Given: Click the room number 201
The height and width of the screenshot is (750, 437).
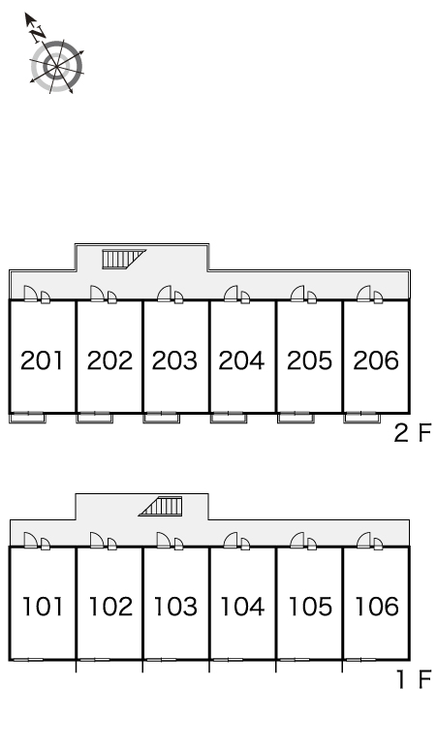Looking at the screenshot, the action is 42,360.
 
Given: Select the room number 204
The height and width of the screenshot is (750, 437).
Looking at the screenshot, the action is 241,360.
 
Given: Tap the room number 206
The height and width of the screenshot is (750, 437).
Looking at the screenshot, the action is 376,360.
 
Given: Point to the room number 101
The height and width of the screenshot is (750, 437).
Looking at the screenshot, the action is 43,607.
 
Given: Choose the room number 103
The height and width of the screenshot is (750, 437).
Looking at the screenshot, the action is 175,607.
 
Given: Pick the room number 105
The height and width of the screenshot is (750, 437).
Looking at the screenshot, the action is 310,607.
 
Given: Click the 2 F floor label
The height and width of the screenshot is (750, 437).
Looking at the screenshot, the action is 413,433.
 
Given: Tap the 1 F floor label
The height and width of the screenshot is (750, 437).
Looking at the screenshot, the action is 414,679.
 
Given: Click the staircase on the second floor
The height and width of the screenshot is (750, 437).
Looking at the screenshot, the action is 124,259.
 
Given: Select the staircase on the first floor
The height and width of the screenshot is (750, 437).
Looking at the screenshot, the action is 161,507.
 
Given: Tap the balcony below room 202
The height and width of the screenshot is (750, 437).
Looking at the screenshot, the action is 95,418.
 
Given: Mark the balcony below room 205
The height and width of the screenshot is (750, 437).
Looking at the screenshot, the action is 296,418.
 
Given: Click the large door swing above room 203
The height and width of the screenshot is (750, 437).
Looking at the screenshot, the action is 165,294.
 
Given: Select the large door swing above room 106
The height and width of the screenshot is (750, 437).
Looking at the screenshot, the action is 364,540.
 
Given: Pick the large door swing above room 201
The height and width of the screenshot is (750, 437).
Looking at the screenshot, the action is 31,294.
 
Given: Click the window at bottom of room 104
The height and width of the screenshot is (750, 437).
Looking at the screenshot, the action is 228,660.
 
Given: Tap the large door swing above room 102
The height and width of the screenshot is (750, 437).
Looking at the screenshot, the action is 98,540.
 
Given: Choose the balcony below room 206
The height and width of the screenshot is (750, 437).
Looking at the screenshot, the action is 362,418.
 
